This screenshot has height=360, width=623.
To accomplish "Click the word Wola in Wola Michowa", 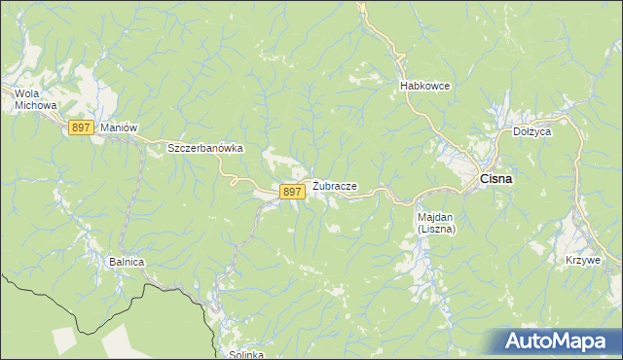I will click(x=25, y=93).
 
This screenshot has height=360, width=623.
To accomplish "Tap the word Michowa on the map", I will click(x=30, y=105).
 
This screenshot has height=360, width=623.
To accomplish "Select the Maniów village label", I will click(x=116, y=127).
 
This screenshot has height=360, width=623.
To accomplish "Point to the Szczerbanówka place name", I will click(x=204, y=148).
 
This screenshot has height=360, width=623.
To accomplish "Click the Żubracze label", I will click(x=335, y=186).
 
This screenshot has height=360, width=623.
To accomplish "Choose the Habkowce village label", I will click(x=424, y=86).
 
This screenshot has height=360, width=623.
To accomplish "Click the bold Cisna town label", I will click(x=496, y=179).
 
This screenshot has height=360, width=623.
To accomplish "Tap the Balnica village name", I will click(x=127, y=263).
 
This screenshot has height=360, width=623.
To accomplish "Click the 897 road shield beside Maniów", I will click(x=81, y=127).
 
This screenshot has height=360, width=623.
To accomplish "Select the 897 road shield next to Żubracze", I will click(x=292, y=193).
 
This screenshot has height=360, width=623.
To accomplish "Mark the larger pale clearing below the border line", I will click(x=122, y=340).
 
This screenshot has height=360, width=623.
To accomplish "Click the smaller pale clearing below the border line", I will click(x=63, y=340).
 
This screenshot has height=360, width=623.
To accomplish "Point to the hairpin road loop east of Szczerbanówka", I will click(x=234, y=177).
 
